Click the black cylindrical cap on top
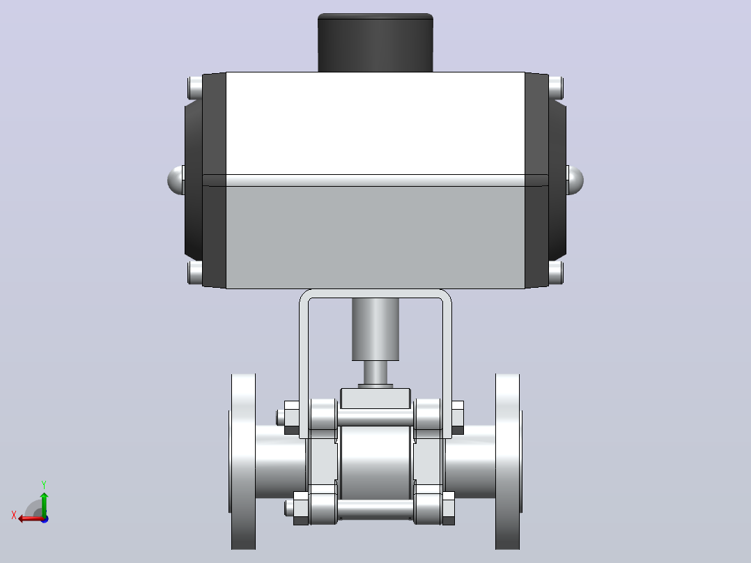375,43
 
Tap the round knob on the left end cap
176,180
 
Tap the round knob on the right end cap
575,180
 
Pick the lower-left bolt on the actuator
195,272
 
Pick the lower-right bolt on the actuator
556,272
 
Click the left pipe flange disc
243,461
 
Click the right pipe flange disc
508,461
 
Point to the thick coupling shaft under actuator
375,329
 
